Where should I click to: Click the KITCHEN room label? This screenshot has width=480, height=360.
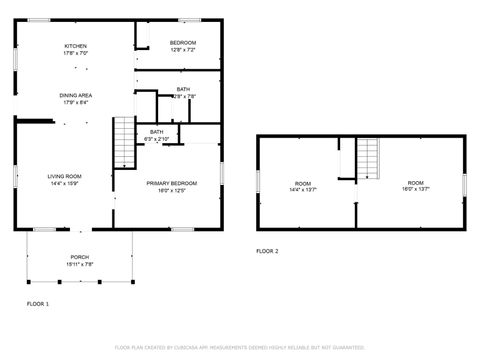[x=76, y=46]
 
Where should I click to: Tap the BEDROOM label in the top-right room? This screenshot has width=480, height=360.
[x=182, y=42]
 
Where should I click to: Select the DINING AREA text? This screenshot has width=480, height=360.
[x=75, y=95]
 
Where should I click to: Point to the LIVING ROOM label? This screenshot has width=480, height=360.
[x=65, y=177]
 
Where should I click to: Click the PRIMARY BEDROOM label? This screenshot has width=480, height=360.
[x=171, y=183]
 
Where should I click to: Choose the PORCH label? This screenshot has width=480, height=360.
[x=79, y=257]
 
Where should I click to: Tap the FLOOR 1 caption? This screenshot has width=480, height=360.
[x=37, y=301]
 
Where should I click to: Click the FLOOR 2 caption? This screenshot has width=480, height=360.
[x=267, y=251]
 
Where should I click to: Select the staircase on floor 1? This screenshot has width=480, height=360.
[x=124, y=143]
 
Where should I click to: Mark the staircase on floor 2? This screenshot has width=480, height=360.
[x=369, y=158]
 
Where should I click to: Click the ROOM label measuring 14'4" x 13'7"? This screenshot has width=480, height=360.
[x=303, y=183]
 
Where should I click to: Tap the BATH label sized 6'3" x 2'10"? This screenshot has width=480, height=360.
[x=157, y=132]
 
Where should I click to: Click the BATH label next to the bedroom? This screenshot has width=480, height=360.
[x=183, y=90]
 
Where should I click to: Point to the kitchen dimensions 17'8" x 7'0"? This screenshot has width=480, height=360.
[x=76, y=53]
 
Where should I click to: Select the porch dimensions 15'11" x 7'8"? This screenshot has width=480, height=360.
[x=79, y=264]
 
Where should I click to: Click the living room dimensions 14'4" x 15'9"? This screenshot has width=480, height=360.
[x=65, y=184]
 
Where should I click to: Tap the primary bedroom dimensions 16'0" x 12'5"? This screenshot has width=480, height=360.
[x=171, y=190]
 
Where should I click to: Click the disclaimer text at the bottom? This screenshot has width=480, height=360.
[x=240, y=347]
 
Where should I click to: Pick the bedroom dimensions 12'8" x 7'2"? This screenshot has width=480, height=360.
[x=182, y=49]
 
